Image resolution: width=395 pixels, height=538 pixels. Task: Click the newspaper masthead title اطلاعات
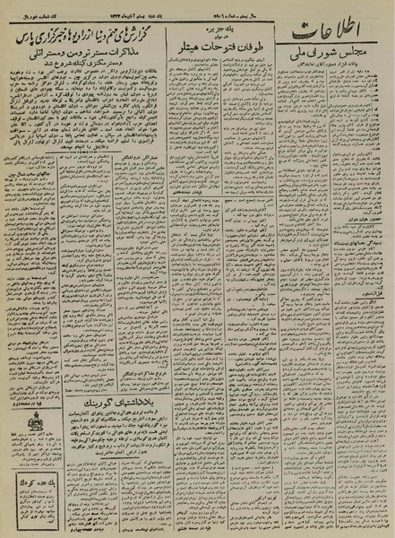[x=339, y=33]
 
